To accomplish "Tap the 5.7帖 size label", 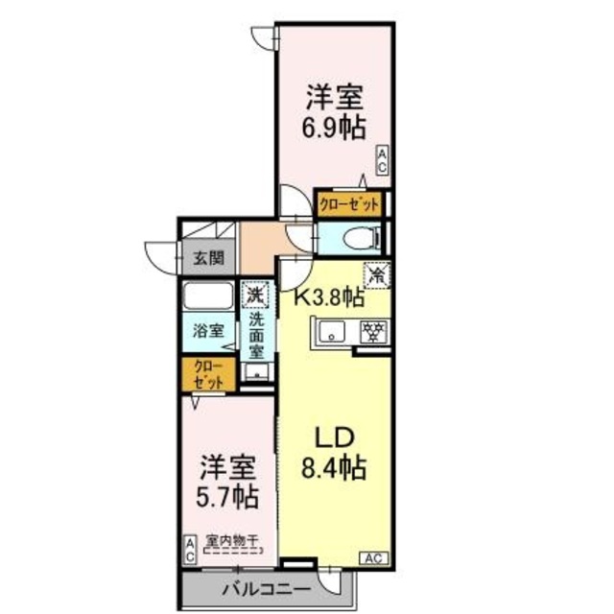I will click(228, 496).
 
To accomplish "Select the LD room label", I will click(334, 437).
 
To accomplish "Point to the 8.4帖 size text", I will click(334, 469).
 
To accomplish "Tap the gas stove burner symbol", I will click(370, 332).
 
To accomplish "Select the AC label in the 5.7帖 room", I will click(190, 549).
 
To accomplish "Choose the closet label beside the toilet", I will click(350, 204).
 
